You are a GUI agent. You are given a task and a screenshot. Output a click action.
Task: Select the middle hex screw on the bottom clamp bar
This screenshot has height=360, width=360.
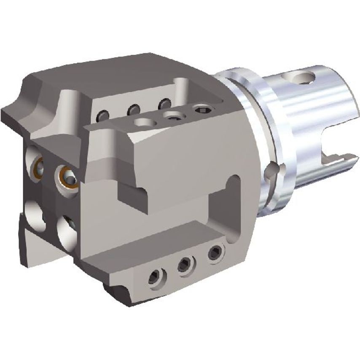(184, 265)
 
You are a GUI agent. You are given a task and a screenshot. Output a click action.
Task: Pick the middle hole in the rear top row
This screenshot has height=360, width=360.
(134, 110)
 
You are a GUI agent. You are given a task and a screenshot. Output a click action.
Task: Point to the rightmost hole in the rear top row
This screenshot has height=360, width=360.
(164, 104)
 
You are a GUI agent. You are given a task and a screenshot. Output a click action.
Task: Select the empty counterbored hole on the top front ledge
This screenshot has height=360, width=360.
(143, 122)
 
